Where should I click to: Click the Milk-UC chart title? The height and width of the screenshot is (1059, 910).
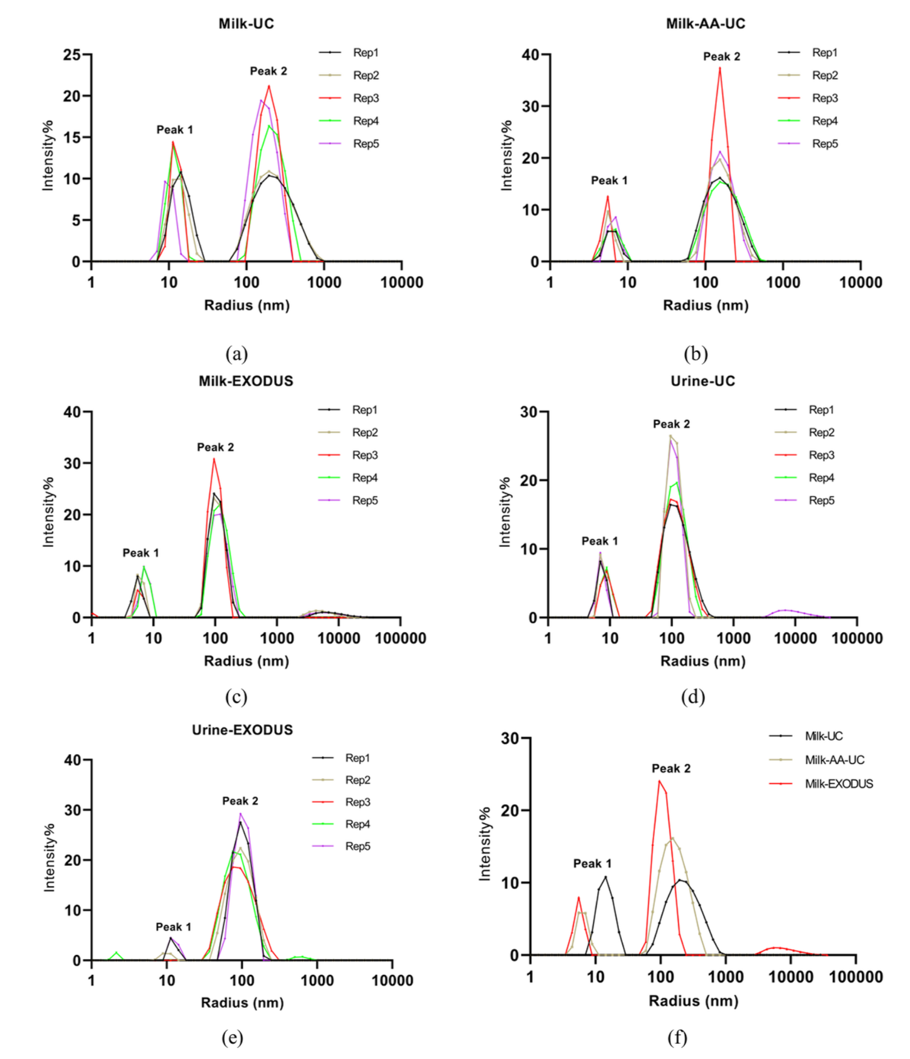(x=246, y=24)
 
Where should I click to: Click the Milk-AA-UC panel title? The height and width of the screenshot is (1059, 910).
(x=706, y=24)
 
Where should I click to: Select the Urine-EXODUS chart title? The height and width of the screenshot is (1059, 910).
(x=242, y=729)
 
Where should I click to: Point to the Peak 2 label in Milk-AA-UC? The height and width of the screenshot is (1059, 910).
(x=721, y=57)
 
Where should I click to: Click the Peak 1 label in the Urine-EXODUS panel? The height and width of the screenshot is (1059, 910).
(x=173, y=926)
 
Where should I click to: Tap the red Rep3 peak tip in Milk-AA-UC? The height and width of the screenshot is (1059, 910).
(x=720, y=68)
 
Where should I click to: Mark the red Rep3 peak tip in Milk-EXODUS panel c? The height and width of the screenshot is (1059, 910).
(x=214, y=459)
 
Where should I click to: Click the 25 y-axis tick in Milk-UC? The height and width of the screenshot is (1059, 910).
(x=72, y=55)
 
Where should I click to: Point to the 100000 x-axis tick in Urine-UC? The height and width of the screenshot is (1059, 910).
(x=857, y=638)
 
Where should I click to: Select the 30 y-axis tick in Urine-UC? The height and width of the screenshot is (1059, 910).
(x=529, y=412)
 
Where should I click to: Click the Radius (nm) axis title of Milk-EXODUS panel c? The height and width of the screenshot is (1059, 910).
(x=246, y=661)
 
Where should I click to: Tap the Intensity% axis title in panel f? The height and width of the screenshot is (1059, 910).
(x=484, y=844)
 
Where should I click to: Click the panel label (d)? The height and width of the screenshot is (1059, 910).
(x=693, y=697)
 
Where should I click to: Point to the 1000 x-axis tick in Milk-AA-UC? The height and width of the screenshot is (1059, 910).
(x=783, y=282)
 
